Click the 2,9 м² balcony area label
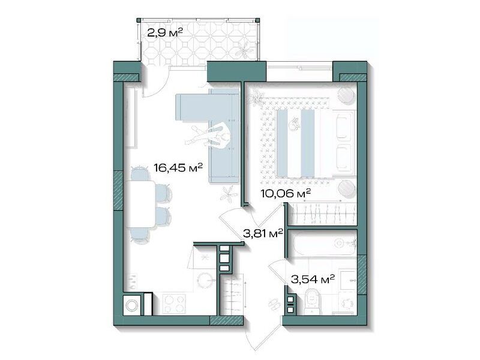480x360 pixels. [x=165, y=32]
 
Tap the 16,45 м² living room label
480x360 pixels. [x=178, y=167]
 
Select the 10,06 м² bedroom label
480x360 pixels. [x=286, y=193]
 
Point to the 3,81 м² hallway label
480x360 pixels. [x=263, y=233]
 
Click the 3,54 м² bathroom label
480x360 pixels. [x=312, y=279]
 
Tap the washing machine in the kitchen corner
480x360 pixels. [x=132, y=305]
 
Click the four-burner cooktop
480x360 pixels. [x=173, y=304]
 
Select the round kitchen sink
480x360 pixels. [x=206, y=280]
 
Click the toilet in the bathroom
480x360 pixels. [x=313, y=302]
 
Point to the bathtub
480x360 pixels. [x=323, y=244]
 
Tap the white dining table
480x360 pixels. [x=140, y=204]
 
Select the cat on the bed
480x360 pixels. [x=295, y=124]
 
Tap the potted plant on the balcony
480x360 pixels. [x=245, y=49]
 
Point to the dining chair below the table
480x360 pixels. [x=140, y=236]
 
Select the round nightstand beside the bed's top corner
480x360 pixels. [x=346, y=95]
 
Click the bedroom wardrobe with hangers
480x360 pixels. [x=323, y=214]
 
